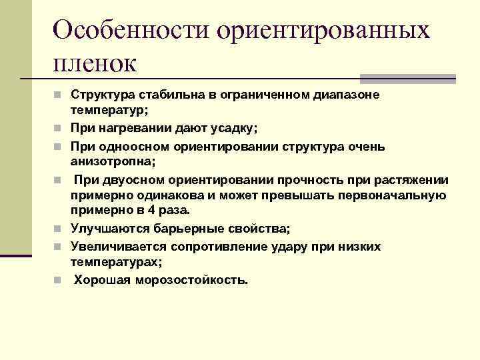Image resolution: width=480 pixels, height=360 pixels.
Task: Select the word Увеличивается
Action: tap(119, 247)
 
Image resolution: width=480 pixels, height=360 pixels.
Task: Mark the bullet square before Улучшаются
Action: tap(58, 229)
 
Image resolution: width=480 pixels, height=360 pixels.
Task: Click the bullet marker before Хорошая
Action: tap(58, 280)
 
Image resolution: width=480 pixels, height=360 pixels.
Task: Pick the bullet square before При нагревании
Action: tap(58, 127)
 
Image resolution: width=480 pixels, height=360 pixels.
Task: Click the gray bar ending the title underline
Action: tap(407, 79)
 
